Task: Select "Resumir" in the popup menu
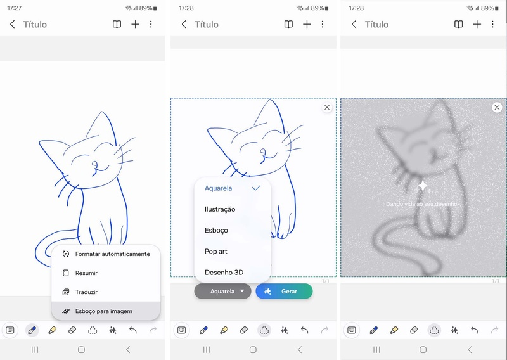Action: click(x=86, y=273)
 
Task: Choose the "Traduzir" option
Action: click(x=86, y=292)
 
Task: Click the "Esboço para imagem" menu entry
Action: click(x=103, y=311)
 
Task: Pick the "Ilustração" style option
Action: click(x=220, y=209)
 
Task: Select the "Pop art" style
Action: click(x=216, y=252)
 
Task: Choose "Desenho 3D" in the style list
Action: click(x=224, y=273)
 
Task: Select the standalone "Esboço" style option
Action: click(x=216, y=230)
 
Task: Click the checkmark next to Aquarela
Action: click(x=256, y=188)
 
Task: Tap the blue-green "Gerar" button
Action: click(x=284, y=291)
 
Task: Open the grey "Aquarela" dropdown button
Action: click(x=223, y=291)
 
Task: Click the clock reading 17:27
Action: click(x=14, y=8)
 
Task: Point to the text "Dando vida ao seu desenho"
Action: click(x=421, y=204)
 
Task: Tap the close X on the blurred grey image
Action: click(x=497, y=107)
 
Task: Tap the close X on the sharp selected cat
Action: click(x=327, y=107)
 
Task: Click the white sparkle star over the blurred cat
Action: click(x=423, y=186)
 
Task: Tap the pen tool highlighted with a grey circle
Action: click(x=32, y=330)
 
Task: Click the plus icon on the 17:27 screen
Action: click(x=136, y=24)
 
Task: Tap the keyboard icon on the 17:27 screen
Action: click(x=10, y=330)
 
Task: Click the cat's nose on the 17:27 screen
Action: click(x=94, y=165)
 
